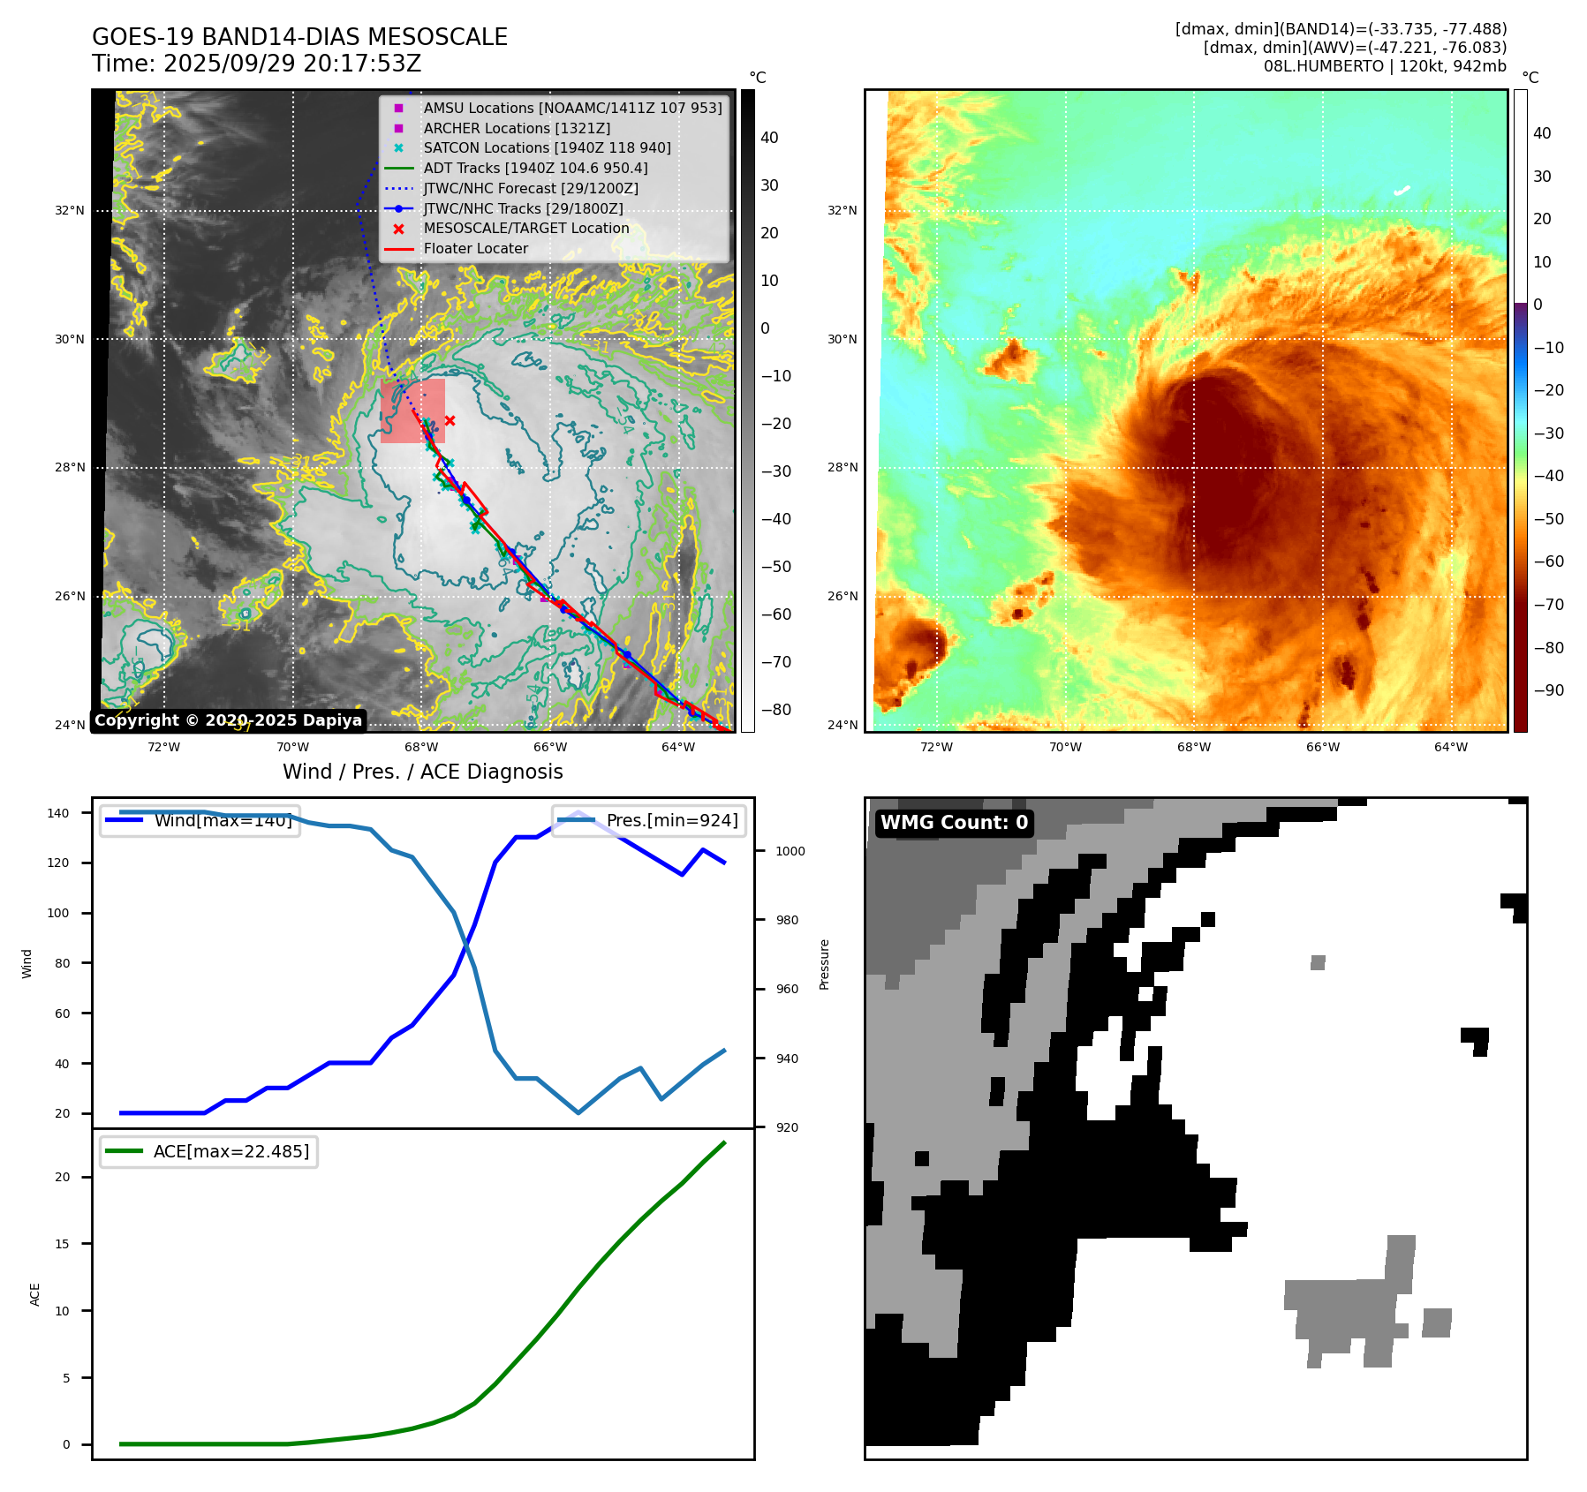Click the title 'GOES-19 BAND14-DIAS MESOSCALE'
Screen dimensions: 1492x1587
click(299, 37)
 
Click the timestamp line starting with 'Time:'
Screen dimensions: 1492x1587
click(256, 64)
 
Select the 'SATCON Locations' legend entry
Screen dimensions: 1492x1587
click(547, 147)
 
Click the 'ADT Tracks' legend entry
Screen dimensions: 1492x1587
click(535, 168)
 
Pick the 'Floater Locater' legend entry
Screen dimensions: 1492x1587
click(475, 248)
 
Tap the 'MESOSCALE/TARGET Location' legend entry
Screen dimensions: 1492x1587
click(526, 228)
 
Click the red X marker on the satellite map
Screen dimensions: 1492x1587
click(450, 420)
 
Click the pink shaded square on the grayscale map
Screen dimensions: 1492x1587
click(412, 411)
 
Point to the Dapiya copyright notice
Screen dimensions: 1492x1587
click(228, 720)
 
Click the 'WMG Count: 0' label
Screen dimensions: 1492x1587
click(954, 823)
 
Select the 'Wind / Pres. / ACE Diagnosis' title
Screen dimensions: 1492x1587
click(422, 772)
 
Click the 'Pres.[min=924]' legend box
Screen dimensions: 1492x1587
click(649, 820)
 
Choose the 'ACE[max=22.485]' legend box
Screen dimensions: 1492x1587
click(209, 1151)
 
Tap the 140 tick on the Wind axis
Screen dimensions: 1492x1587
click(58, 813)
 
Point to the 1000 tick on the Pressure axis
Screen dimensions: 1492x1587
click(790, 851)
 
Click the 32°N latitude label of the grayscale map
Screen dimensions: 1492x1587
click(70, 211)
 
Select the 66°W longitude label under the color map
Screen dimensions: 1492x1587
click(1322, 747)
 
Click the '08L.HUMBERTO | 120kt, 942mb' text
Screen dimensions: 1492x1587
click(1385, 66)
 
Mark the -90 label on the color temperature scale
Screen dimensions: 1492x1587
click(1548, 690)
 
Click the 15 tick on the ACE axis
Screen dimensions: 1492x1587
click(62, 1244)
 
